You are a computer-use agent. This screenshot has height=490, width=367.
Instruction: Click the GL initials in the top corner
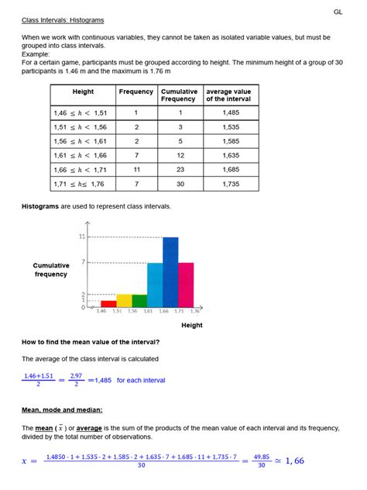[338, 12]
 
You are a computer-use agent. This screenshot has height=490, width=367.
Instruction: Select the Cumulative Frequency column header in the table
[178, 95]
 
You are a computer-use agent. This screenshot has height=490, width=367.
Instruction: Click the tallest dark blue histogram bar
[170, 271]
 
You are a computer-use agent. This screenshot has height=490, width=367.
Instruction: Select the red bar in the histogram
[108, 304]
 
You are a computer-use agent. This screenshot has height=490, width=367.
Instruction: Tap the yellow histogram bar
[124, 301]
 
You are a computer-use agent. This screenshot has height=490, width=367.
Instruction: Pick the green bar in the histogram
[139, 301]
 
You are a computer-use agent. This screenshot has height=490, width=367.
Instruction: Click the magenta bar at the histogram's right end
[186, 285]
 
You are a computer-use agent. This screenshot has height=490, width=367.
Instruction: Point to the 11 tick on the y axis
[81, 236]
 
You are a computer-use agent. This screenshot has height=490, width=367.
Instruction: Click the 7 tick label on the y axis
[83, 263]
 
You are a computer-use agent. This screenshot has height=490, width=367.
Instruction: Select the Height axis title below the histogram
[192, 326]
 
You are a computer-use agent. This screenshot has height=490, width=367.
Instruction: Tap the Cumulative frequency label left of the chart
[52, 270]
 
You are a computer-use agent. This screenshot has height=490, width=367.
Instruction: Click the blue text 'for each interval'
[141, 380]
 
